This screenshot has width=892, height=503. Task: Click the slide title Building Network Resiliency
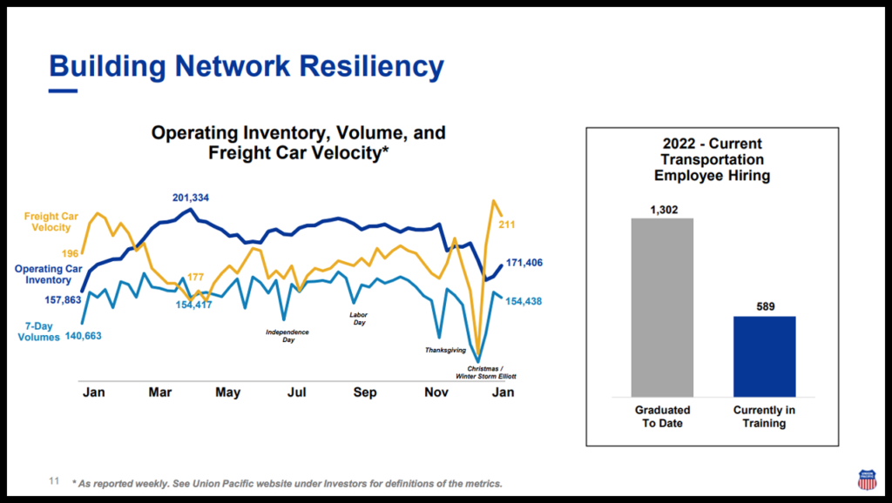(247, 65)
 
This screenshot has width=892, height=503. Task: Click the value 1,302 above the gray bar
(663, 210)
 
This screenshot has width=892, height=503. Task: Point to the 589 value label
(764, 306)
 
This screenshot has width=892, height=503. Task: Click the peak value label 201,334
(191, 198)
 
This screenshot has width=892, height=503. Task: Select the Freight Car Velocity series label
(47, 222)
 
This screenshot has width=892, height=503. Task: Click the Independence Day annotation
(287, 336)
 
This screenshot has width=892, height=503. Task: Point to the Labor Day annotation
(358, 319)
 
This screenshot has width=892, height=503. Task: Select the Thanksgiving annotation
(445, 350)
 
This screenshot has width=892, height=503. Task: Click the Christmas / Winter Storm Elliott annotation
(485, 373)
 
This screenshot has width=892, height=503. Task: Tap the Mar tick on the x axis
(160, 392)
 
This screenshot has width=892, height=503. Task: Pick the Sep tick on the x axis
(365, 392)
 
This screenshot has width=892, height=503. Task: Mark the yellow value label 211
(507, 225)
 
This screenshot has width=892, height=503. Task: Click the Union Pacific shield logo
(867, 480)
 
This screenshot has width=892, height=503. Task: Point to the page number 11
(53, 480)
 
